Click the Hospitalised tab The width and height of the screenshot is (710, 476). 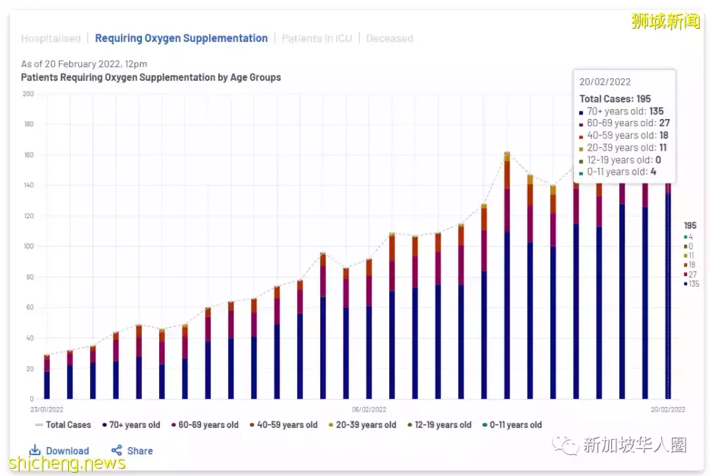pos(51,39)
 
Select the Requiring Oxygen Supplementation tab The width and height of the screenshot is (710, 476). pos(181,39)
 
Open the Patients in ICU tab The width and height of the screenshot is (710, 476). pos(317,39)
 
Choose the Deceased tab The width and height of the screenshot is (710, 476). pos(389,39)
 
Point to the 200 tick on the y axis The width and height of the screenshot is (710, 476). pos(28,94)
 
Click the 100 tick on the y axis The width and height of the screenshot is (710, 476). pos(28,247)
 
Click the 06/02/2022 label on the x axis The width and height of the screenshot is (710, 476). pos(369,409)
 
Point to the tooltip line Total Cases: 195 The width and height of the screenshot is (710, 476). pos(615,99)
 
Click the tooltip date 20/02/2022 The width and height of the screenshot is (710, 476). pos(605,82)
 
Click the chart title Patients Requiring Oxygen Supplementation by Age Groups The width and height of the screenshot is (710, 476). pos(151,78)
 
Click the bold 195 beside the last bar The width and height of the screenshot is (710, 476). pos(690,226)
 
